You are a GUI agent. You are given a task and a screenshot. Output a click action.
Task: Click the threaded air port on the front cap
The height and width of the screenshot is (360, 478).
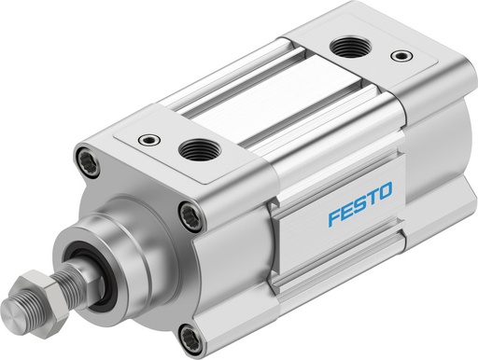tap(196, 147)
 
